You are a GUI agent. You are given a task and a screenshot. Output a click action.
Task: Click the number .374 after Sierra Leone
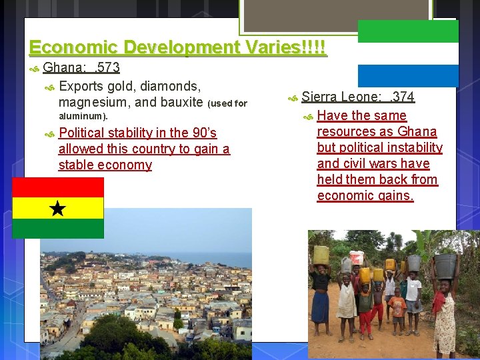[x=401, y=97]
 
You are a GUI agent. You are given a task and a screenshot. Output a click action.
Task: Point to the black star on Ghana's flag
[x=58, y=209]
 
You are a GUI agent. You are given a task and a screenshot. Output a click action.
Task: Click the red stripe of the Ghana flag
[x=58, y=187]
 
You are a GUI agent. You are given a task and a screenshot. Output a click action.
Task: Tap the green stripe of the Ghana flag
[x=58, y=229]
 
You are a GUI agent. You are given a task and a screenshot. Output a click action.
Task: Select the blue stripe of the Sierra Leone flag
[x=408, y=75]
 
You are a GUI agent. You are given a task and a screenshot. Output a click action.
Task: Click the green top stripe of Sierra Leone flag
[x=408, y=31]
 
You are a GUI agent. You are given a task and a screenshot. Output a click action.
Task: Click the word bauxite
[x=181, y=102]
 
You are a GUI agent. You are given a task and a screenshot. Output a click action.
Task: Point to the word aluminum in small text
[x=81, y=117]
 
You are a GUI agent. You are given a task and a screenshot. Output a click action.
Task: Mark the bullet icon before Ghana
[x=35, y=69]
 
